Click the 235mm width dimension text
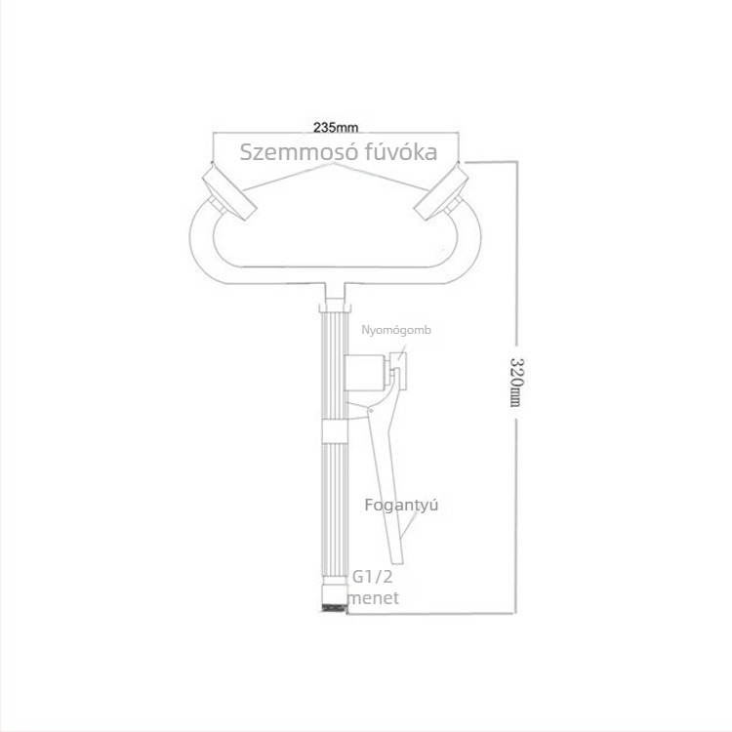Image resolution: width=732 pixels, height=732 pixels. tap(336, 127)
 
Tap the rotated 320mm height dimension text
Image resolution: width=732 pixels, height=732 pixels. tap(515, 382)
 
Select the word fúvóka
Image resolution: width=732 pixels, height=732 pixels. tap(398, 151)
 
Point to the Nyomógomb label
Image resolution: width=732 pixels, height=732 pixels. tap(396, 330)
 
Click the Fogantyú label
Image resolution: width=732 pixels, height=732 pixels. tap(401, 506)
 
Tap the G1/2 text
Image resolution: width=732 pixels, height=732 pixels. tap(372, 577)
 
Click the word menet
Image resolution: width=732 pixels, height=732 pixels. tap(374, 598)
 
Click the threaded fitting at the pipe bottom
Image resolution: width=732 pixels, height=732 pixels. tap(335, 608)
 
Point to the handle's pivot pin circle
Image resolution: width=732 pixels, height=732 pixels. tap(371, 411)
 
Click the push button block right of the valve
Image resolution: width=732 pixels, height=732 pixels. tap(399, 371)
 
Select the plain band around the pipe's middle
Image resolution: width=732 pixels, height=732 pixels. tap(335, 430)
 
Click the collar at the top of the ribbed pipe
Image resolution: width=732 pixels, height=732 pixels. tap(334, 308)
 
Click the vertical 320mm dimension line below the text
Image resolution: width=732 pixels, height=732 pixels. tap(515, 516)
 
